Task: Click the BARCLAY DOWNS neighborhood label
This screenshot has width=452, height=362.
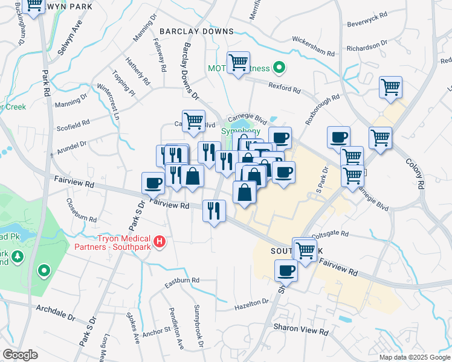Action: pos(196,31)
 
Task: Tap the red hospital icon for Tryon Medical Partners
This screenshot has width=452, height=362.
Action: pos(160,242)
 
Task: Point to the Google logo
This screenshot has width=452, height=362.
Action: pos(21,355)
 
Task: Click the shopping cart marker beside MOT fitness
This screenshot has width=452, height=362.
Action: pos(239,62)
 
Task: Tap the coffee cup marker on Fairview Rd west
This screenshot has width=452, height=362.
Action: pos(153,182)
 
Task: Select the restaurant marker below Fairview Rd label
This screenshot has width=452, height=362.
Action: pos(215,210)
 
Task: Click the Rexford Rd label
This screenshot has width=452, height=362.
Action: pos(285,87)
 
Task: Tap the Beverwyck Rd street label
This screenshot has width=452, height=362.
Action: pos(366,24)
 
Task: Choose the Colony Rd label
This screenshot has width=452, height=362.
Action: pos(413,173)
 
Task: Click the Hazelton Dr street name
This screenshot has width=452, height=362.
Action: pos(251,305)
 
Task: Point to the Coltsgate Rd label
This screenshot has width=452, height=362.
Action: pos(330,234)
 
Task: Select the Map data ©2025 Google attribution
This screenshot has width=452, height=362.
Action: pos(415,357)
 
